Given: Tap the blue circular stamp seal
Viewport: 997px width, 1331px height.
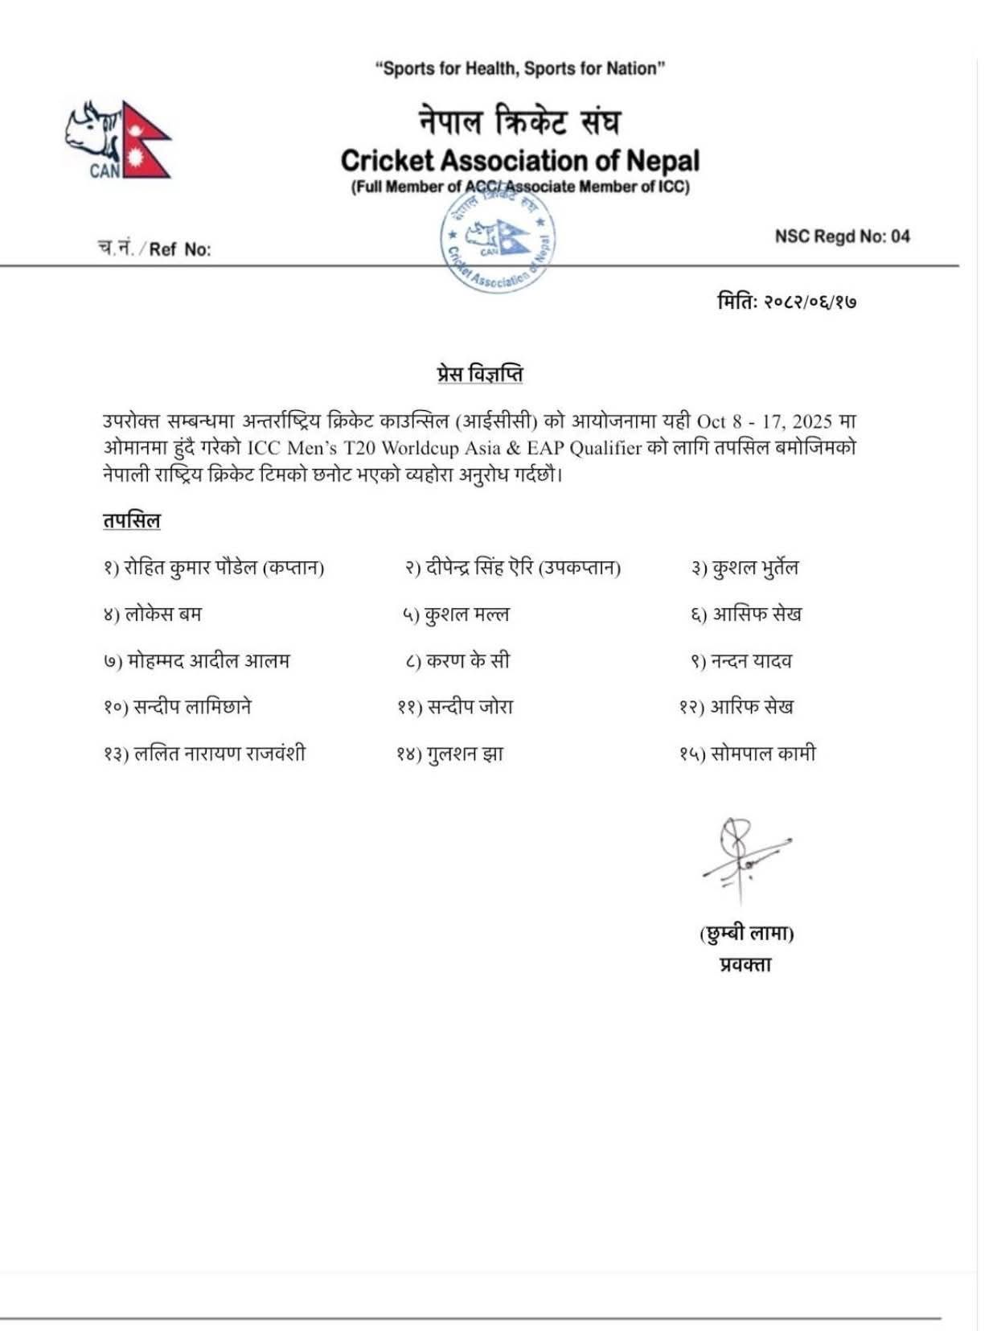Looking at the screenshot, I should [x=498, y=240].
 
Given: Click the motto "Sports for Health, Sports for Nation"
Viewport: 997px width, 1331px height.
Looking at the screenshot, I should [x=519, y=68].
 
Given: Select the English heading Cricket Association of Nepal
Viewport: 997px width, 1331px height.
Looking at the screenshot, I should [x=519, y=161].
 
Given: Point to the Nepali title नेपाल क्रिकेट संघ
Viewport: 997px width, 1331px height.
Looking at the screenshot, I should [x=519, y=121].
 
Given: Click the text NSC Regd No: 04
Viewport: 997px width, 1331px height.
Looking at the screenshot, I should [x=842, y=236].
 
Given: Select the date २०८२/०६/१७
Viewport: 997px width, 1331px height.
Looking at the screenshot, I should [x=809, y=302].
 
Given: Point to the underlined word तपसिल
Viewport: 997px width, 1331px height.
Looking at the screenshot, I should [x=131, y=520].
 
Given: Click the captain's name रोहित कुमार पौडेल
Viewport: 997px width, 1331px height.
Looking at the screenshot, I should [x=190, y=568].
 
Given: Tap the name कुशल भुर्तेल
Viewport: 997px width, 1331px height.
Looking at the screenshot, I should [x=753, y=568].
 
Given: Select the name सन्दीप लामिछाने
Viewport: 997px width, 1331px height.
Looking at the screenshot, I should [x=192, y=707].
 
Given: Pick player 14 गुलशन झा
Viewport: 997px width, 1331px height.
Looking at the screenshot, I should [x=464, y=754].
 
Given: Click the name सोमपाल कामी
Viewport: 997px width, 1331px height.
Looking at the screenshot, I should [x=763, y=754].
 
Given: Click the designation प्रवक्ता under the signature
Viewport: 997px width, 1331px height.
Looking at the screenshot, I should [x=745, y=963].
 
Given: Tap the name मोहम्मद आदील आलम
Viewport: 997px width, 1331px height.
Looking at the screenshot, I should [x=207, y=661].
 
